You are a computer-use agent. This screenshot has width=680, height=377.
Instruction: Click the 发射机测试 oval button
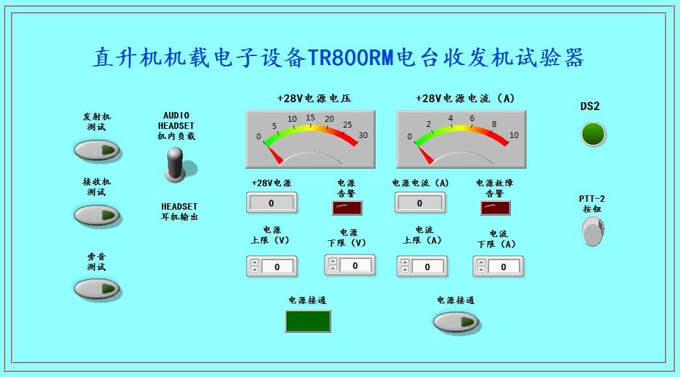click(98, 150)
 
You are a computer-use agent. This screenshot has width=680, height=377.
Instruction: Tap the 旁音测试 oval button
click(98, 288)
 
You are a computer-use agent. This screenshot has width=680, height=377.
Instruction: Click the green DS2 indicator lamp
click(593, 133)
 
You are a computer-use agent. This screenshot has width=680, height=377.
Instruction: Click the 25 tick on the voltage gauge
click(347, 125)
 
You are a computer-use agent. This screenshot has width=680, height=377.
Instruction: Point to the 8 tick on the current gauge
click(494, 124)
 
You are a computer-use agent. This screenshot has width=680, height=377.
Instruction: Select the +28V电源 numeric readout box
click(271, 203)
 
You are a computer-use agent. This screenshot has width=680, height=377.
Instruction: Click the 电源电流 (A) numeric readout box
click(420, 203)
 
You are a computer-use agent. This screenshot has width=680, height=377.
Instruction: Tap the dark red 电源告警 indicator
click(347, 208)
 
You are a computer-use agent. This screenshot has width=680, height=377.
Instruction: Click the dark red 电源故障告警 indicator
click(495, 208)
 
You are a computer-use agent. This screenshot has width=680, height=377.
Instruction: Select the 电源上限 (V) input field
click(277, 267)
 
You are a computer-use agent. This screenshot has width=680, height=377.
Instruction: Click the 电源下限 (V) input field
click(355, 266)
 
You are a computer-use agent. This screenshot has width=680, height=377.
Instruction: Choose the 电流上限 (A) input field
click(428, 267)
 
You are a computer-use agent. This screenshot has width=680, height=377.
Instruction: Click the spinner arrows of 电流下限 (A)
click(481, 266)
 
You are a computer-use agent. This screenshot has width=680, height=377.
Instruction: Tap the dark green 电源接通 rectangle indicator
click(308, 321)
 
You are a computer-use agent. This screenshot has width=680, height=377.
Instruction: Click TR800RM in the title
click(351, 58)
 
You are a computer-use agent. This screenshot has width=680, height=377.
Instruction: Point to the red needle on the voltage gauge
click(274, 154)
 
